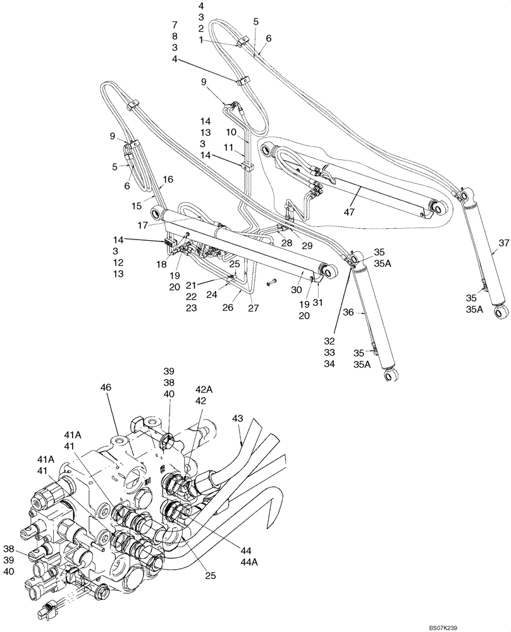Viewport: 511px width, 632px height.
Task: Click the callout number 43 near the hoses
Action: coord(237,418)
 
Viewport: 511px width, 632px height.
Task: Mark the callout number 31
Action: coord(317,302)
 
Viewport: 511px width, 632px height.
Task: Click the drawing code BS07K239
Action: coord(484,626)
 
